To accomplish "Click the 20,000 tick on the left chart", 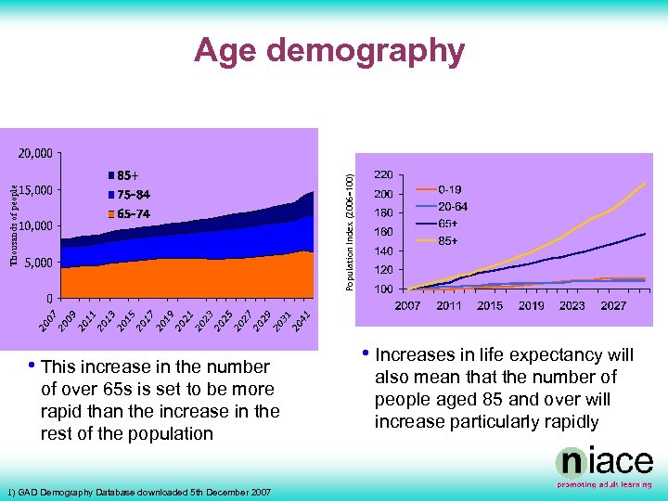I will pos(35,152).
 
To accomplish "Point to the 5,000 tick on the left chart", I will pos(38,263).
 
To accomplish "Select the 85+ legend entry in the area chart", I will pos(128,174).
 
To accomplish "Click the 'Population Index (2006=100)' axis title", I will pos(350,222).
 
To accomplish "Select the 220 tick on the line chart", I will pos(381,174).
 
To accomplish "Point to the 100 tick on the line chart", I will pos(381,289).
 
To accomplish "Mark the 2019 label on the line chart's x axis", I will pos(531,305).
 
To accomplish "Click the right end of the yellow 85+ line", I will pos(645,184).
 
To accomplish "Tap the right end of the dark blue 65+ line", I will pos(645,234).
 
